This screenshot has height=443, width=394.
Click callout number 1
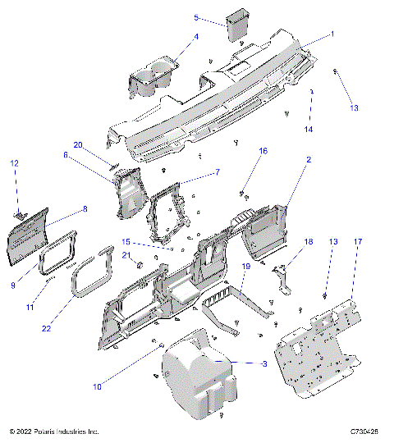(332, 34)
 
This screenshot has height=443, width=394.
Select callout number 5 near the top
(196, 17)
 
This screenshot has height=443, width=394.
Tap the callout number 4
(196, 36)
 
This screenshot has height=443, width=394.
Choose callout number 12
(14, 164)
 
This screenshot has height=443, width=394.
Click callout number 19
(245, 267)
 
